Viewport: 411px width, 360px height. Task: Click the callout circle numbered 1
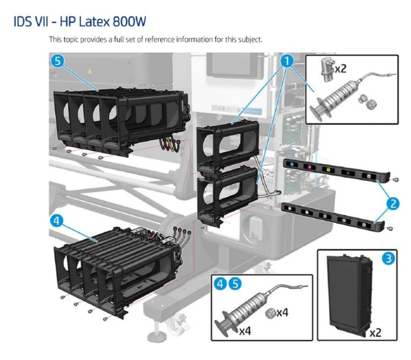coord(288,61)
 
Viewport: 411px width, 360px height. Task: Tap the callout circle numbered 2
coord(394,203)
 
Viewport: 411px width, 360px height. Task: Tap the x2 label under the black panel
coord(376,333)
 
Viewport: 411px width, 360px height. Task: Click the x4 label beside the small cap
coord(283,312)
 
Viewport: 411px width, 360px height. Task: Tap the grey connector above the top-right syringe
coord(326,67)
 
